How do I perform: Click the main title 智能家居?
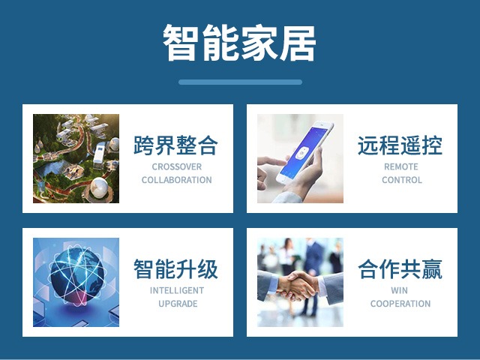coord(239,43)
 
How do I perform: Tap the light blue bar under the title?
coord(240,82)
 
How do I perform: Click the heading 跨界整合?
coord(175,145)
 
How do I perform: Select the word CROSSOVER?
coord(177,166)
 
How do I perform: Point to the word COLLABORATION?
coord(177,180)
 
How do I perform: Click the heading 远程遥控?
coord(400,145)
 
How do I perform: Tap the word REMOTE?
coord(401,166)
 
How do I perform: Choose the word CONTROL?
coord(402,180)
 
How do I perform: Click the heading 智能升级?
coord(175,268)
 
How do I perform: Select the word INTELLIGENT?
coord(177,290)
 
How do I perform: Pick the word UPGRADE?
coord(178,304)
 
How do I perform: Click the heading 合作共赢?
coord(400,268)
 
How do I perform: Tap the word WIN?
coord(399,290)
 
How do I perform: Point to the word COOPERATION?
coord(400,304)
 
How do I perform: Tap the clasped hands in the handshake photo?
coord(296,285)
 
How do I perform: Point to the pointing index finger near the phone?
coord(271,160)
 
